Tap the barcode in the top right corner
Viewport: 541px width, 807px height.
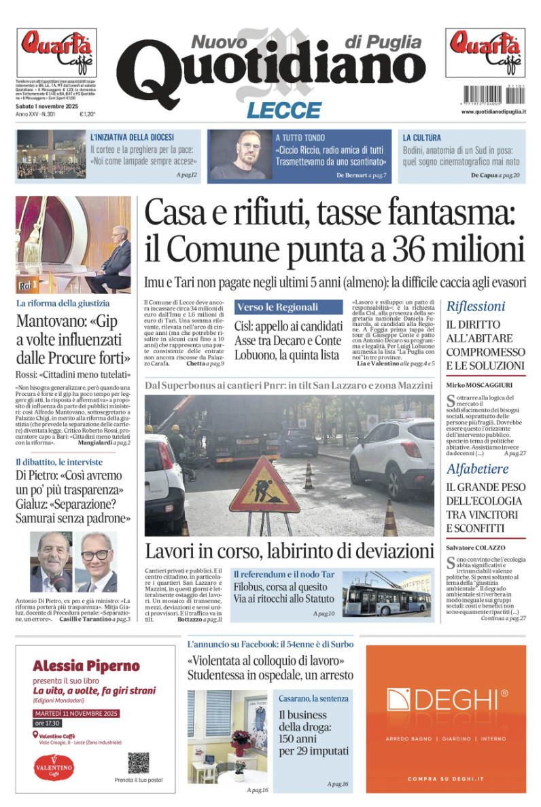pos(485,93)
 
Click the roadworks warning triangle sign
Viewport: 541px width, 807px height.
pos(264,485)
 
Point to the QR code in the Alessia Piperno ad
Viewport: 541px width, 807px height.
pos(138,763)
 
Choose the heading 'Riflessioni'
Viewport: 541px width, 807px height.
pos(476,306)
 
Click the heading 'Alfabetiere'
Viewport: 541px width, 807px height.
pos(477,469)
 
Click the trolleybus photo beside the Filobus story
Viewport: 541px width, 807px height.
pos(387,593)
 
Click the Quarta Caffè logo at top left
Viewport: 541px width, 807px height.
pos(56,47)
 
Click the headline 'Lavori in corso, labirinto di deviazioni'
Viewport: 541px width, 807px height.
pos(289,550)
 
